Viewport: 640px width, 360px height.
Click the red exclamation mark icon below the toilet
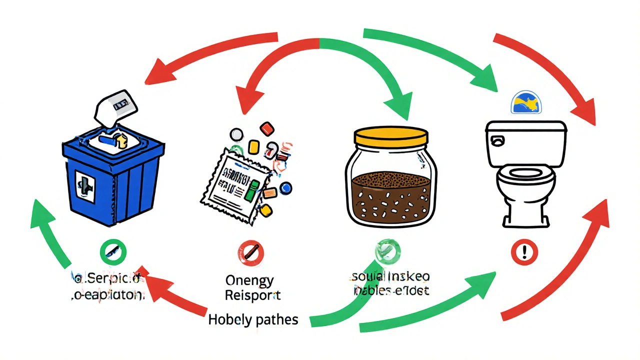point(524,250)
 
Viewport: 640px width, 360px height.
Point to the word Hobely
point(231,320)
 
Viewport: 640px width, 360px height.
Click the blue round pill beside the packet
point(286,187)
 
